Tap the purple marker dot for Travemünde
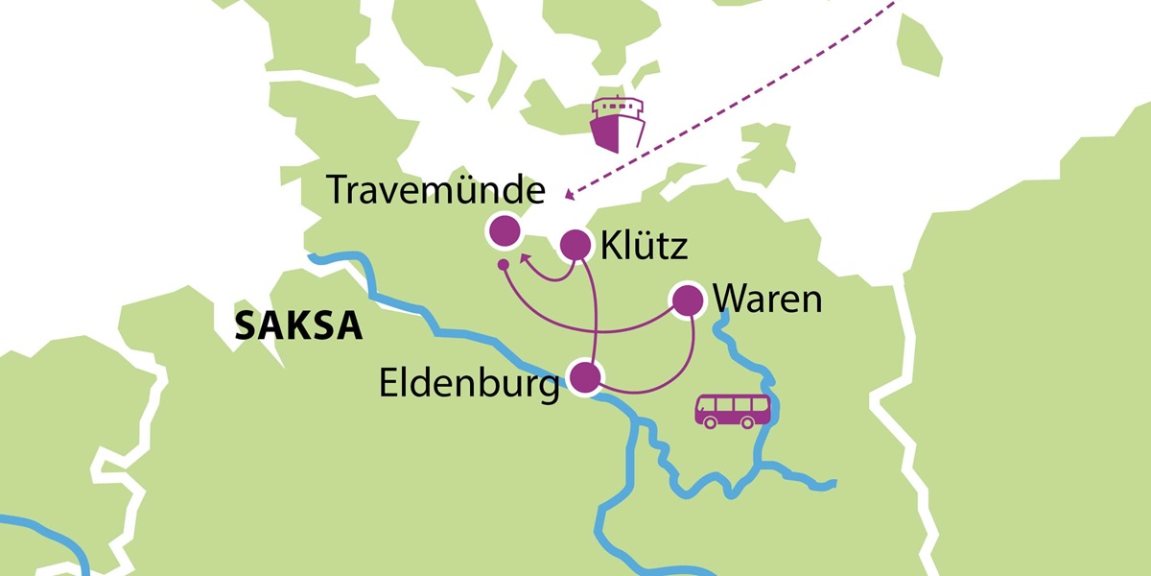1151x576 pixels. (504, 231)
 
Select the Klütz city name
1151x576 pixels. (644, 247)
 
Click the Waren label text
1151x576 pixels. (767, 300)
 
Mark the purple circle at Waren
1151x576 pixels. (687, 300)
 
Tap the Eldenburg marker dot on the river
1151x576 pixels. (585, 376)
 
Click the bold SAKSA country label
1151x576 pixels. (298, 327)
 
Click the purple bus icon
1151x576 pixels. (734, 410)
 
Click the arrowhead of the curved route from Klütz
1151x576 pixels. (525, 258)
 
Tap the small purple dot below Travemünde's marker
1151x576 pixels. (502, 264)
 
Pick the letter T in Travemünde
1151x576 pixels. (338, 190)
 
